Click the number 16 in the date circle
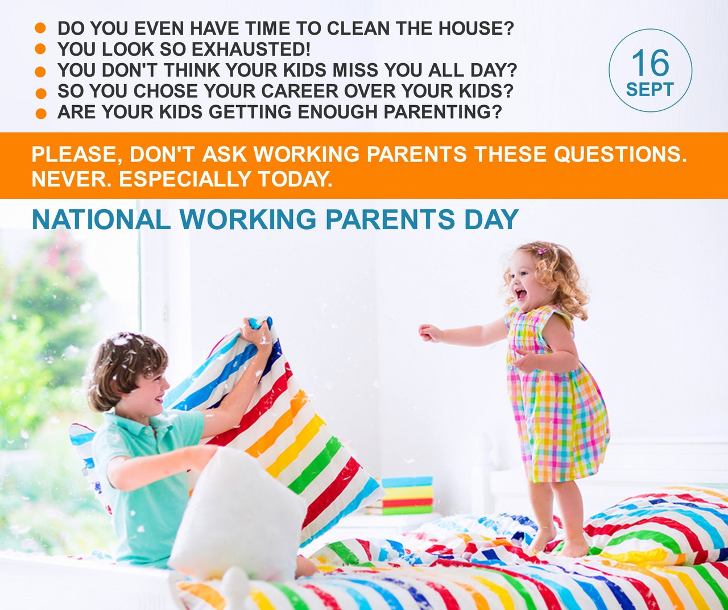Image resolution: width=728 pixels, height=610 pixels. click(650, 63)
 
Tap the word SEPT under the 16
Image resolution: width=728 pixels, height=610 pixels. click(650, 90)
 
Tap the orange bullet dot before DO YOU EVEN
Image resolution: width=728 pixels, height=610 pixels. click(40, 28)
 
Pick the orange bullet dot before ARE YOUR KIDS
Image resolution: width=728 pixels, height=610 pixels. click(41, 114)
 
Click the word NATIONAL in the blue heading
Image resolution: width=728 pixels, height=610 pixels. click(101, 219)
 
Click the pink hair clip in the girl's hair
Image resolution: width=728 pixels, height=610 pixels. click(543, 251)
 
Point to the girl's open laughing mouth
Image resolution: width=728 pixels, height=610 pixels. click(520, 294)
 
